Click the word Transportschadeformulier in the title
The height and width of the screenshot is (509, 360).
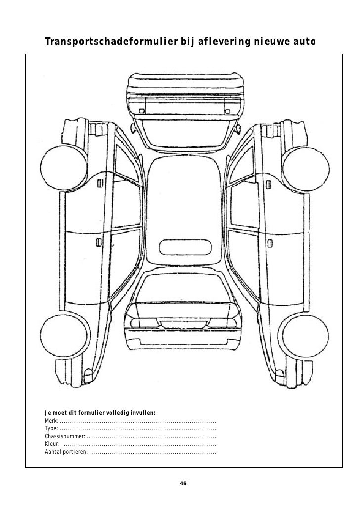(x=104, y=43)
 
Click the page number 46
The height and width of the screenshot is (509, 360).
(x=183, y=483)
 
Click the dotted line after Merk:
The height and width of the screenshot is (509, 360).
(x=138, y=421)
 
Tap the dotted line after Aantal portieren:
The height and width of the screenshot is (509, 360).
(x=153, y=453)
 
